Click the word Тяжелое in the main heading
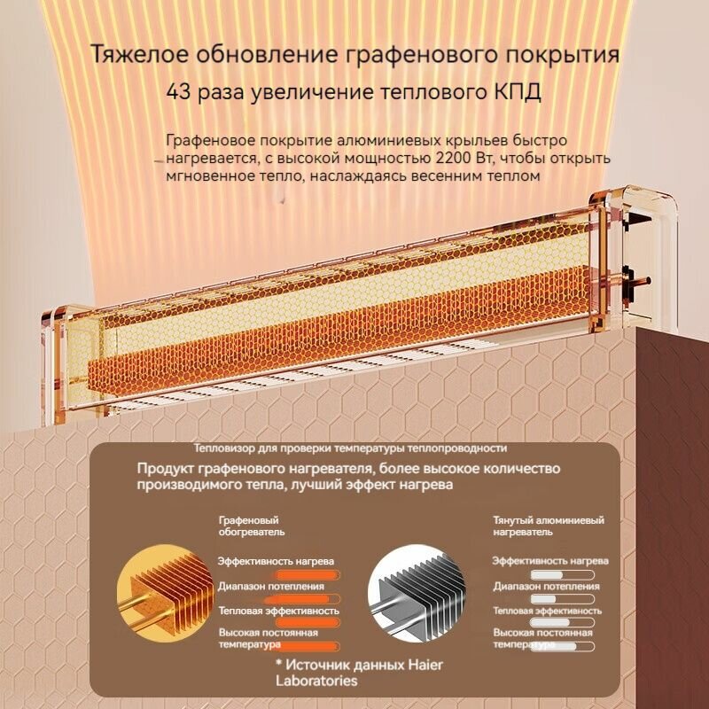click(x=140, y=55)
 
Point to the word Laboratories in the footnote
click(x=317, y=681)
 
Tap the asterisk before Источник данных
click(x=277, y=665)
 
